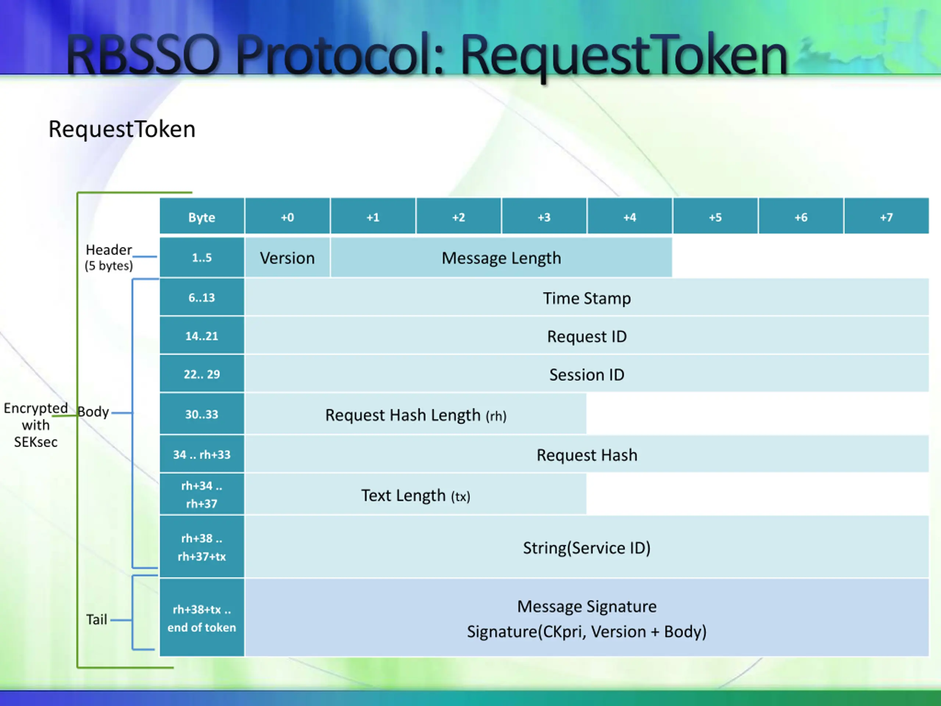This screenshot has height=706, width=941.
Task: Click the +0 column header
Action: (287, 217)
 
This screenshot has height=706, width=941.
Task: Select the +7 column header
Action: (886, 217)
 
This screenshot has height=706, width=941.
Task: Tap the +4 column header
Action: (630, 217)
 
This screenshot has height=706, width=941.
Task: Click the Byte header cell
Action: (202, 217)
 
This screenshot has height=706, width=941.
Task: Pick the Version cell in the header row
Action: (287, 258)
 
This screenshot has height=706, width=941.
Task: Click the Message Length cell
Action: (501, 258)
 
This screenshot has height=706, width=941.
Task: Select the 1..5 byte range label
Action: (202, 257)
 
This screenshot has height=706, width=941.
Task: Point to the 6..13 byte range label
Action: (202, 297)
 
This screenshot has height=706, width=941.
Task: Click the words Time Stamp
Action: (587, 298)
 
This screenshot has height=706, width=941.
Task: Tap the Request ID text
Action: (587, 336)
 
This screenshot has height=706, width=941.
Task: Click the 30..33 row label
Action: (202, 414)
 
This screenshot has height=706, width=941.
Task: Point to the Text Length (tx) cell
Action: (416, 495)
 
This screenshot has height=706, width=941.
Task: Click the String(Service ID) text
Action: (587, 548)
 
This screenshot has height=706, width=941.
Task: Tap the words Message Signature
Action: (587, 606)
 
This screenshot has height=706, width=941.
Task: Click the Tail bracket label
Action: (97, 620)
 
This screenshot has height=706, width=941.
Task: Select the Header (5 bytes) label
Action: (108, 257)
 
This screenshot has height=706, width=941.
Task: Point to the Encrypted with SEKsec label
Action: (36, 425)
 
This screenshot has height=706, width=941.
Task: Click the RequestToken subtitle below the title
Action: (122, 129)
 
